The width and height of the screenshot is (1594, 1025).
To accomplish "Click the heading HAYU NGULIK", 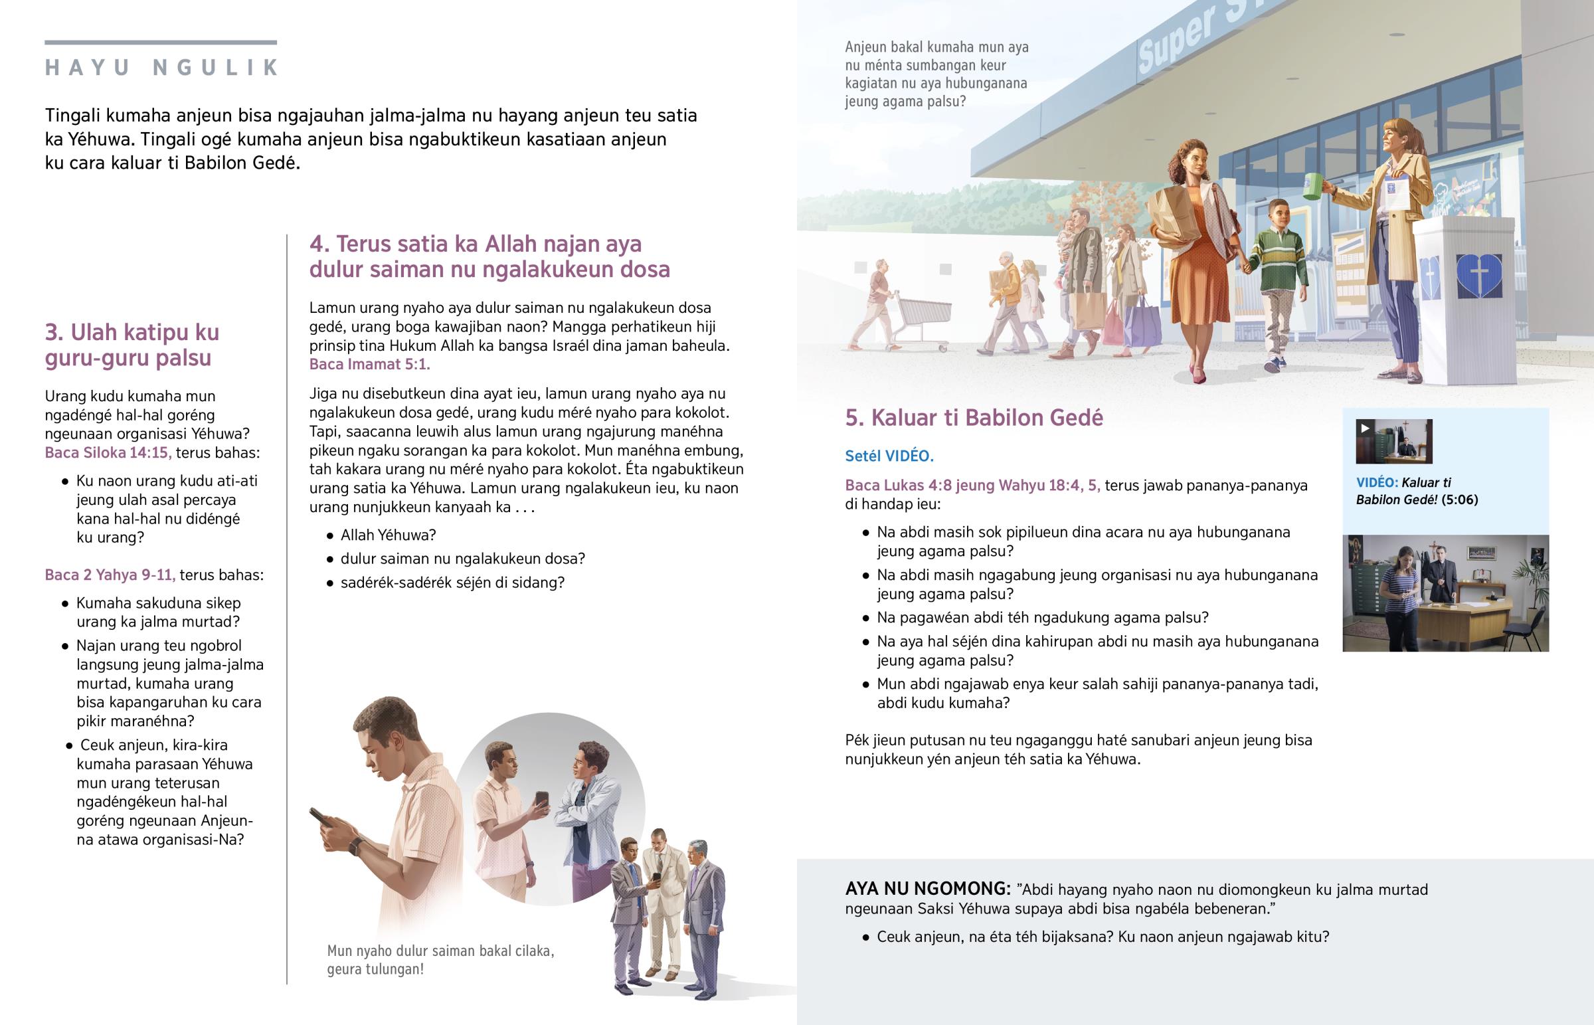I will tap(161, 68).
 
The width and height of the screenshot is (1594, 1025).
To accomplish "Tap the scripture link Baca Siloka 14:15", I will tap(108, 453).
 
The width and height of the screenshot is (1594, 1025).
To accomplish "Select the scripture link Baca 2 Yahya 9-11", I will tap(110, 575).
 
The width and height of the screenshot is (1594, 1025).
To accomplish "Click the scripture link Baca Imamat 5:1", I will tap(369, 365).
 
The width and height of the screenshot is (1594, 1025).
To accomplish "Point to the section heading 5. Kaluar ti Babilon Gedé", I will tap(973, 418).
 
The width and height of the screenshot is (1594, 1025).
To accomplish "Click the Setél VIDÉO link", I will tap(889, 456).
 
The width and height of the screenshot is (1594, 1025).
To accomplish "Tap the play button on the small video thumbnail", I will tap(1365, 428).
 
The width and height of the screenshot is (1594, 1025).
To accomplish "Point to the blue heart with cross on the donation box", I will tap(1478, 275).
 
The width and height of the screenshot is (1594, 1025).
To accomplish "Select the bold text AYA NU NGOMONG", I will tap(927, 889).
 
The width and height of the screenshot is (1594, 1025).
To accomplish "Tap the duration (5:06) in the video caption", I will tap(1460, 500).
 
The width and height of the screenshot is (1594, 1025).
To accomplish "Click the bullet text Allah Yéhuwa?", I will tap(388, 535).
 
